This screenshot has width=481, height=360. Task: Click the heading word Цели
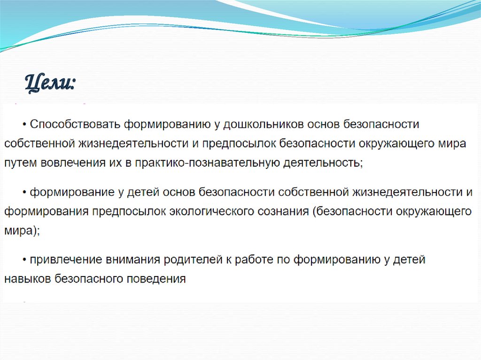(50, 83)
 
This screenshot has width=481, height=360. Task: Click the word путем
(20, 163)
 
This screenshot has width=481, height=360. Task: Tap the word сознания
(283, 211)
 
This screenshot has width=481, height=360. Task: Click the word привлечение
(61, 260)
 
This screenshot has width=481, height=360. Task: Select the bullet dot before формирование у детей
(24, 192)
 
